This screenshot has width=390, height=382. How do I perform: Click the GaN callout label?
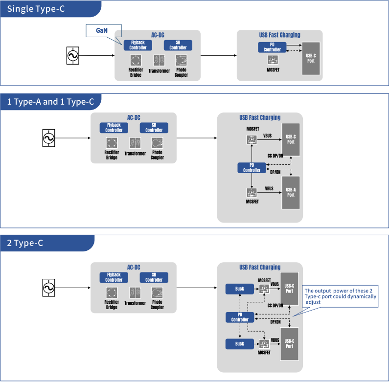pyautogui.click(x=102, y=30)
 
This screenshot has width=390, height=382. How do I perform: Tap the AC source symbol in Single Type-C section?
pyautogui.click(x=72, y=56)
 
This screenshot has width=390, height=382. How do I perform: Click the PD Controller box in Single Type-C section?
pyautogui.click(x=272, y=47)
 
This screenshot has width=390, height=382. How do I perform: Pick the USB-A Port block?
pyautogui.click(x=291, y=192)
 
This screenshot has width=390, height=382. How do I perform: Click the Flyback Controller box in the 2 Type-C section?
pyautogui.click(x=114, y=277)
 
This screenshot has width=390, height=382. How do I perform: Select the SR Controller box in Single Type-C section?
pyautogui.click(x=178, y=45)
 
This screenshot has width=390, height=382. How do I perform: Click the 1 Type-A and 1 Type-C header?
pyautogui.click(x=50, y=102)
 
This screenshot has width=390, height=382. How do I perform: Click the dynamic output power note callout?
pyautogui.click(x=341, y=296)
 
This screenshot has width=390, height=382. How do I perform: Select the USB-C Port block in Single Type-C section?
pyautogui.click(x=311, y=58)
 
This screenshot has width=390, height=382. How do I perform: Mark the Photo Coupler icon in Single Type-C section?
pyautogui.click(x=182, y=61)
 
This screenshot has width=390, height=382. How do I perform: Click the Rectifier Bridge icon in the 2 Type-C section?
pyautogui.click(x=112, y=293)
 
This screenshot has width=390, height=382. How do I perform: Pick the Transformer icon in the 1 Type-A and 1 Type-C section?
pyautogui.click(x=135, y=143)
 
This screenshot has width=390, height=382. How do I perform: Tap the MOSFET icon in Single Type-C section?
pyautogui.click(x=273, y=60)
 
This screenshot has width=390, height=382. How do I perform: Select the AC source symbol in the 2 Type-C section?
pyautogui.click(x=49, y=288)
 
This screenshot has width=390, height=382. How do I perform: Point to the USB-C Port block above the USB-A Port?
pyautogui.click(x=291, y=139)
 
